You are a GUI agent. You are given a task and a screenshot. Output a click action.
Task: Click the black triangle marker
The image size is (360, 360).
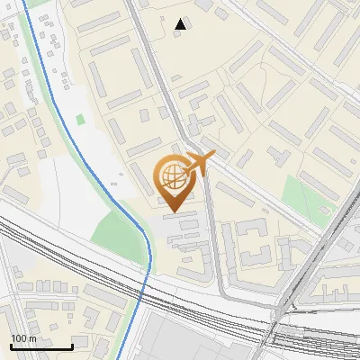(182, 24)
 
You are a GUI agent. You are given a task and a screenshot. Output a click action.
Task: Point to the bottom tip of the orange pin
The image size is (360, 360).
(173, 211)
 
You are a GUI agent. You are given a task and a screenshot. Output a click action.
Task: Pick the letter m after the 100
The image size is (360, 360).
(32, 338)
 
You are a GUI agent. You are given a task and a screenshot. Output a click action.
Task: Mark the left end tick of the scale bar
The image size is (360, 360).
(10, 346)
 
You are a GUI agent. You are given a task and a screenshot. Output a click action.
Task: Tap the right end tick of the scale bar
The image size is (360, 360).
(72, 346)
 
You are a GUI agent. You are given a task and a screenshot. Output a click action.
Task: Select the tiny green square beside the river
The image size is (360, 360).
(81, 119)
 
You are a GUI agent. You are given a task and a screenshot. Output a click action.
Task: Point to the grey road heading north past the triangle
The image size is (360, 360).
(144, 36)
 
